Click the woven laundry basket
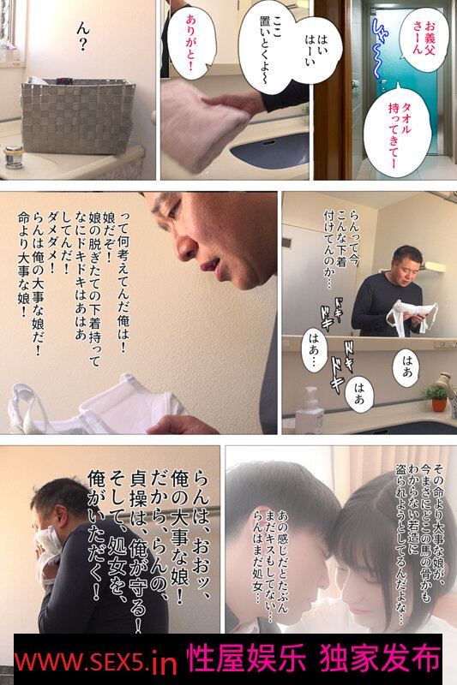click(78, 116)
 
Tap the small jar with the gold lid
click(14, 157)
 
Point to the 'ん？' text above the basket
click(82, 38)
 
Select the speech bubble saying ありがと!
click(191, 43)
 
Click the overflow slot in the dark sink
click(268, 142)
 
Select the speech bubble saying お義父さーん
click(424, 39)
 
